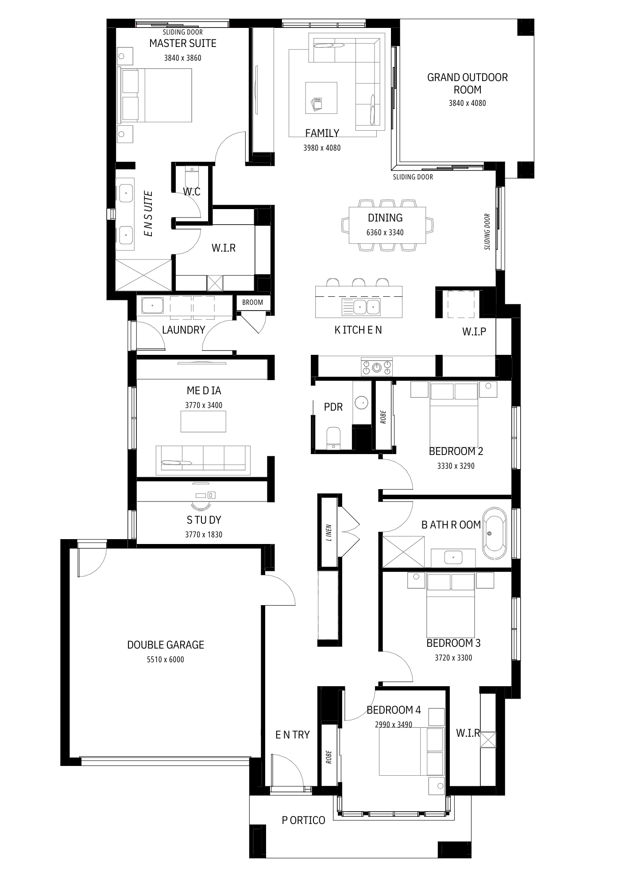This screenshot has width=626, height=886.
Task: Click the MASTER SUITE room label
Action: pos(183,43)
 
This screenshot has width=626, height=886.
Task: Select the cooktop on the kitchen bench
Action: pos(377,367)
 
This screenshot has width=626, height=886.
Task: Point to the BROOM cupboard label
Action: pos(252,303)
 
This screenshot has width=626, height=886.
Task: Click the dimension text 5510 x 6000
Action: pos(166,659)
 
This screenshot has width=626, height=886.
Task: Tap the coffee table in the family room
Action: pos(321,98)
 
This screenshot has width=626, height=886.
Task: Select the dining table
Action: pos(388,225)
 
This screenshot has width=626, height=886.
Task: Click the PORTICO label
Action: pos(304,820)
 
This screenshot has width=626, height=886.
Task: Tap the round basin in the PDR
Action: pos(362,403)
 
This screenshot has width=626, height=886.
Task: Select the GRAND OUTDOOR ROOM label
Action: pos(468,83)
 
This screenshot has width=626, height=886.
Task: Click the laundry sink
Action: pos(152,305)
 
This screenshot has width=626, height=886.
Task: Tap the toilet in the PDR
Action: pos(332,438)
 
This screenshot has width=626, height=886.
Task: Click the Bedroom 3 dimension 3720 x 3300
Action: pos(453,658)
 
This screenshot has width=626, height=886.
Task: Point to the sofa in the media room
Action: pos(203,460)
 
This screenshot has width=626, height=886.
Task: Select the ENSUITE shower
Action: pos(143,275)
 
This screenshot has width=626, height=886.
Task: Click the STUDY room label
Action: pos(204,520)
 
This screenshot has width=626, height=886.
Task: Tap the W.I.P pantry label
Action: pos(474,331)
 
